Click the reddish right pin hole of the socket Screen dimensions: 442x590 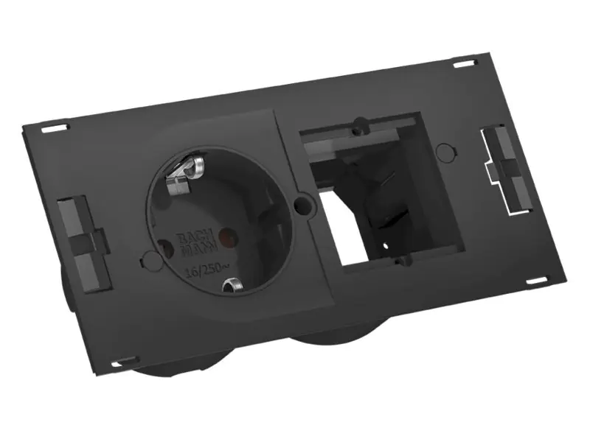[229, 237]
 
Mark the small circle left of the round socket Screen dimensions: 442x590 [146, 259]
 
